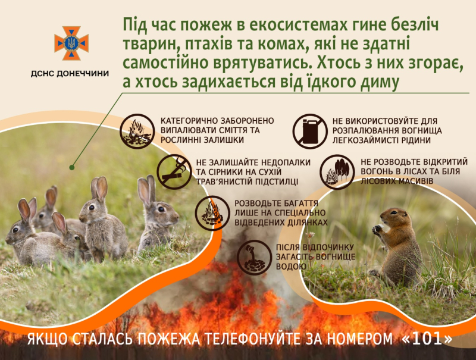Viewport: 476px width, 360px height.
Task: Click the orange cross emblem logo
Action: [71, 43]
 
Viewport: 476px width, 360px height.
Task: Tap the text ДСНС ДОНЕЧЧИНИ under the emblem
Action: [70, 73]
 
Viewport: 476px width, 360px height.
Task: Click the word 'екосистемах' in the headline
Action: [299, 24]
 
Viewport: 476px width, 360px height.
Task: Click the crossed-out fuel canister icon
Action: [310, 131]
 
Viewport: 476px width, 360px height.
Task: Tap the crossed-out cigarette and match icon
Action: [174, 172]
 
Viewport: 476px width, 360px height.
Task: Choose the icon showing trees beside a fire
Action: [337, 172]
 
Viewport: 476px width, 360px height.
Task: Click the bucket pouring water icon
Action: [254, 258]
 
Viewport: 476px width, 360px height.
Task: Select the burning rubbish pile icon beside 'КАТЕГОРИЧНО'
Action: [137, 131]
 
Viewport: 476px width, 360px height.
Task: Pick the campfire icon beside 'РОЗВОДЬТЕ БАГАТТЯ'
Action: [212, 213]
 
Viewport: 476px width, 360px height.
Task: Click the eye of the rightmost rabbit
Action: [161, 209]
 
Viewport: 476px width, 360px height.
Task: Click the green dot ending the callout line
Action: [72, 167]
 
